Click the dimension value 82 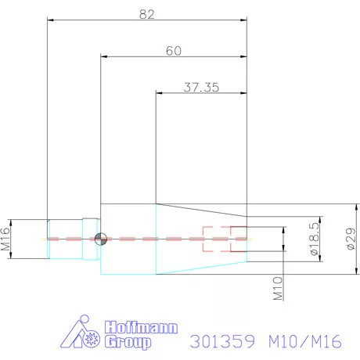[x=146, y=13]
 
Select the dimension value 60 [x=174, y=50]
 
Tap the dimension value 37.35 [x=202, y=87]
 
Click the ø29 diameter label [x=351, y=239]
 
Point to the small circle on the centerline [x=99, y=239]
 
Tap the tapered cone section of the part [x=202, y=239]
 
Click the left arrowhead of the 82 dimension [x=51, y=21]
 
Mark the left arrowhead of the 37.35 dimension [x=160, y=94]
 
